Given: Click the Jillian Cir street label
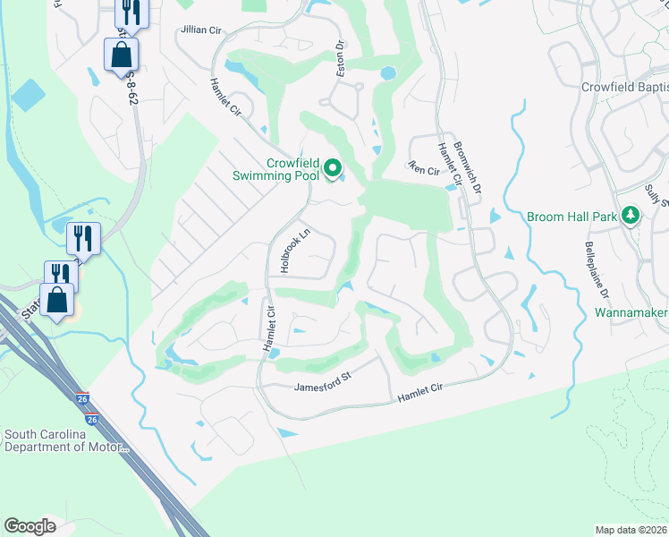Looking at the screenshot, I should click(200, 30).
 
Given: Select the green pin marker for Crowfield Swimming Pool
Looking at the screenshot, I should click(333, 167).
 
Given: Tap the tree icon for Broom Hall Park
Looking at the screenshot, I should click(631, 216).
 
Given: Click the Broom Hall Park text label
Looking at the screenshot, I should click(572, 217).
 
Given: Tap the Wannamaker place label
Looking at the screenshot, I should click(631, 314).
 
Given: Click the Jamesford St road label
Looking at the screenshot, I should click(323, 387).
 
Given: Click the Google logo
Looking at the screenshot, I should click(30, 526).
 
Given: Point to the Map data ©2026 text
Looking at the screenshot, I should click(631, 530).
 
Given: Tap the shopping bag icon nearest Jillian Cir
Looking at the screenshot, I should click(121, 55).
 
